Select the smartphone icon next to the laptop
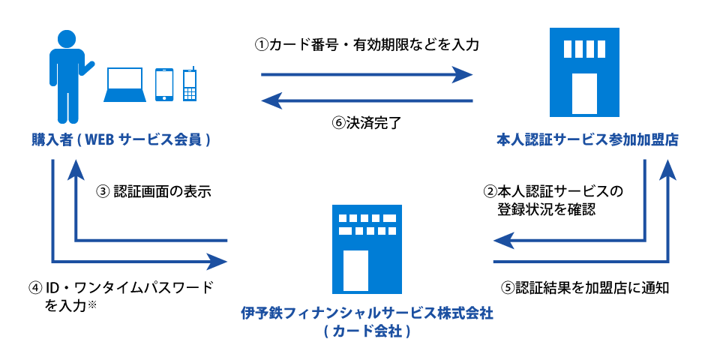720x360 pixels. click(164, 84)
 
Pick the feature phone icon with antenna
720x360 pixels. click(190, 84)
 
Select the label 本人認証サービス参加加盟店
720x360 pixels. click(587, 139)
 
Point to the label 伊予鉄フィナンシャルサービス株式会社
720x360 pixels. click(367, 313)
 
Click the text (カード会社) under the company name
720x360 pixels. click(367, 331)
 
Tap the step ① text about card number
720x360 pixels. click(367, 45)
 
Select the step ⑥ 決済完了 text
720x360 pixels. click(367, 123)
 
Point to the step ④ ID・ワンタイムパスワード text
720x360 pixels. click(120, 287)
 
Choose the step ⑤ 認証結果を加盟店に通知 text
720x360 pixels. click(583, 287)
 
